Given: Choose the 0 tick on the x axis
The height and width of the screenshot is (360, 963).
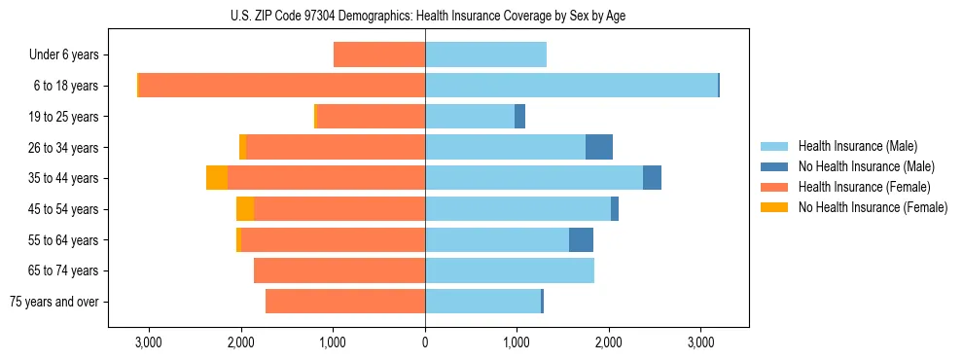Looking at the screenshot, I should [425, 342].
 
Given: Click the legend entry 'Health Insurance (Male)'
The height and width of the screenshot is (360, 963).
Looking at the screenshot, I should [857, 146].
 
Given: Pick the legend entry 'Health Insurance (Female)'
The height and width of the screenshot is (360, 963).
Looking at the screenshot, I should [864, 187].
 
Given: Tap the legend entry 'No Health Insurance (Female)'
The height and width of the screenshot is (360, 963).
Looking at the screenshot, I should [873, 207].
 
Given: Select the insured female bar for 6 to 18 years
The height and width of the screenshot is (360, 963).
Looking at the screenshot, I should [282, 86].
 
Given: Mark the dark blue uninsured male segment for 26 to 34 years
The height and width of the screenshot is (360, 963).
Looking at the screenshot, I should [599, 147].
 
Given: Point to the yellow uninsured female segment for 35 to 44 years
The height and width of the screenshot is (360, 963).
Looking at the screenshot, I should [217, 178].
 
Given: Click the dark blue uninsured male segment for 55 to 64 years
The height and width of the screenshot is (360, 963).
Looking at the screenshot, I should [581, 239].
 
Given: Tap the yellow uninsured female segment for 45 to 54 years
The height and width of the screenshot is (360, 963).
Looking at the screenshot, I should [245, 209].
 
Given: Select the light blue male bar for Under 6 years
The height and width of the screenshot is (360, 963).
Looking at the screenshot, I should [485, 54].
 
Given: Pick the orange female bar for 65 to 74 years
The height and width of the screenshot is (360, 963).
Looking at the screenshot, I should [339, 270].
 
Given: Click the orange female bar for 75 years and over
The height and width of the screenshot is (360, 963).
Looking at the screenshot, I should [345, 302].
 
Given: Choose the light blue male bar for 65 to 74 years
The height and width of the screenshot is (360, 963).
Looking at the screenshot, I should [510, 270].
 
